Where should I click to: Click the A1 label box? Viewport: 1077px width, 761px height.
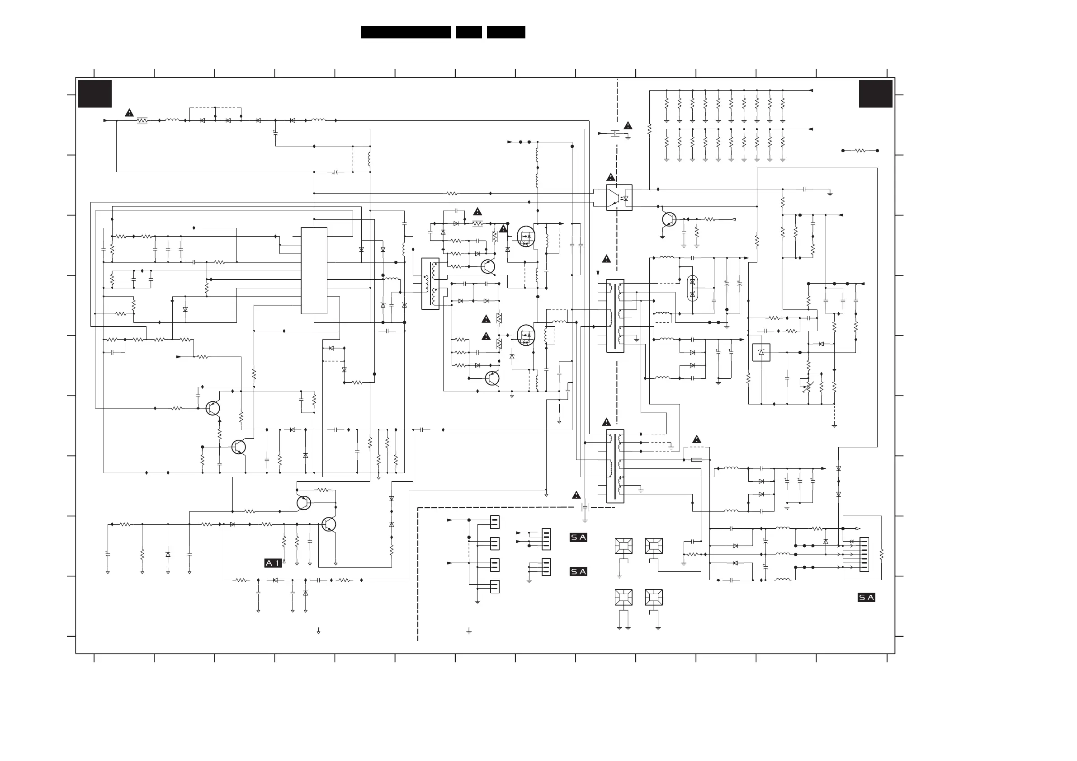tap(273, 563)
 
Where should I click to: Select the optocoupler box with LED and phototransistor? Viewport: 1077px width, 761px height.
tap(619, 197)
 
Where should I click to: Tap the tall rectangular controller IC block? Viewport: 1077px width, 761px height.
tap(314, 271)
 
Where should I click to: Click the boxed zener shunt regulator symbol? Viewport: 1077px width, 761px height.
tap(761, 352)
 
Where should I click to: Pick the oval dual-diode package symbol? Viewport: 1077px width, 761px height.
tap(692, 288)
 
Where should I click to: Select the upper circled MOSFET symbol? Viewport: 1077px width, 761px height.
tap(526, 237)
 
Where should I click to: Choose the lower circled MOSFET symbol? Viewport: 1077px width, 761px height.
tap(526, 336)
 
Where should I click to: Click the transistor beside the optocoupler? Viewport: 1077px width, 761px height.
tap(669, 219)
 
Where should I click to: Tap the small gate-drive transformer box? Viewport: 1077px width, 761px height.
tap(430, 284)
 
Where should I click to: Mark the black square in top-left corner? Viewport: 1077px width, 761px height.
tap(95, 94)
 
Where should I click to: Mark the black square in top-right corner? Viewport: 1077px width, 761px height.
tap(875, 94)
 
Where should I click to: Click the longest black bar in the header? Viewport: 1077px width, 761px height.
tap(406, 32)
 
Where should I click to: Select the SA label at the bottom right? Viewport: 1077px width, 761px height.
tap(866, 597)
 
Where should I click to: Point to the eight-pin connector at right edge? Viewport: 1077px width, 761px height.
tap(864, 554)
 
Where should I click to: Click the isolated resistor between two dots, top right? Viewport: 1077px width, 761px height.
tap(860, 150)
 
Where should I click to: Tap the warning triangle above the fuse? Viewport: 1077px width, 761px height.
tap(697, 439)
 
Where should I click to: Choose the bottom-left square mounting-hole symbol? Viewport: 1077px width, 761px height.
tap(624, 597)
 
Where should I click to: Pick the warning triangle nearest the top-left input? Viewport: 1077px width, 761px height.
tap(129, 113)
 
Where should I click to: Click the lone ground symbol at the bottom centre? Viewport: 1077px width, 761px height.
tap(468, 632)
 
